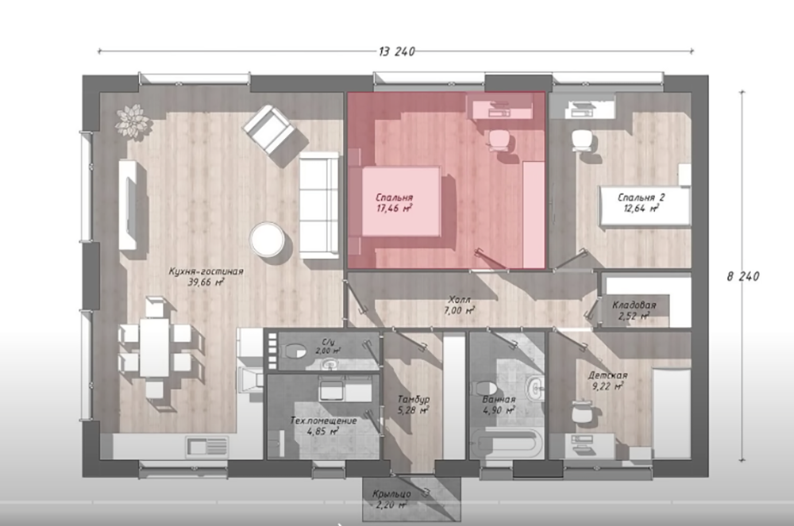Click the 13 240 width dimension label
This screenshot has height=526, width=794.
coord(397,51)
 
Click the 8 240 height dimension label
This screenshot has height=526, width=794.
coord(743,276)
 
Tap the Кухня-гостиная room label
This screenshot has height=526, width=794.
coord(206,271)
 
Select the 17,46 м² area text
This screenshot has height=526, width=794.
coord(395,208)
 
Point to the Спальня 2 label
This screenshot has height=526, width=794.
coord(641,198)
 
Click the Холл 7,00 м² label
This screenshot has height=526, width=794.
coord(459,305)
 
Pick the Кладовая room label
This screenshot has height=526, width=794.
coord(634,305)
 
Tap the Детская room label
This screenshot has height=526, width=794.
coord(607,375)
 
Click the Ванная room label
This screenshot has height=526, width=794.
coord(499,400)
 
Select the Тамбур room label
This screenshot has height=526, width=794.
coord(413,399)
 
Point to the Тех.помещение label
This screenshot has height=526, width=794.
coord(324,420)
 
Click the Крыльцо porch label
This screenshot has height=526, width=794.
coord(391,493)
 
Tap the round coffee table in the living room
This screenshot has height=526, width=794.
coord(268,239)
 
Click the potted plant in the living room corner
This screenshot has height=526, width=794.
coord(133,121)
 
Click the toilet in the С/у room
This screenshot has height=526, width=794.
coord(294,351)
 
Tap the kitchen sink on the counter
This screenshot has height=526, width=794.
coord(207,447)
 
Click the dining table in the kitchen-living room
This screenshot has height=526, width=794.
coord(155,347)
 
